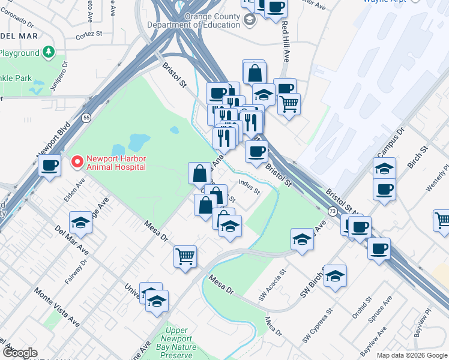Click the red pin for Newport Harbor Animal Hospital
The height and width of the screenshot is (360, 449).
click(77, 161)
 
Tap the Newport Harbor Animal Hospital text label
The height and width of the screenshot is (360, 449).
click(116, 163)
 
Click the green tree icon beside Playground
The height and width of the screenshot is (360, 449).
click(47, 53)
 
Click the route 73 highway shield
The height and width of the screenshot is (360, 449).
click(332, 211)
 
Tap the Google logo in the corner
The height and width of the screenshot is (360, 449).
click(20, 353)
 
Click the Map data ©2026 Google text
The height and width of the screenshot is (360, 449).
click(411, 355)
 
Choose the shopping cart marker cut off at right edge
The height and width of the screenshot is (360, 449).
click(442, 220)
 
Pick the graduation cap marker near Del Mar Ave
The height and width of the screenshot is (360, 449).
click(80, 223)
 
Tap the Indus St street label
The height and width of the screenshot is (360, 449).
click(249, 188)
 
